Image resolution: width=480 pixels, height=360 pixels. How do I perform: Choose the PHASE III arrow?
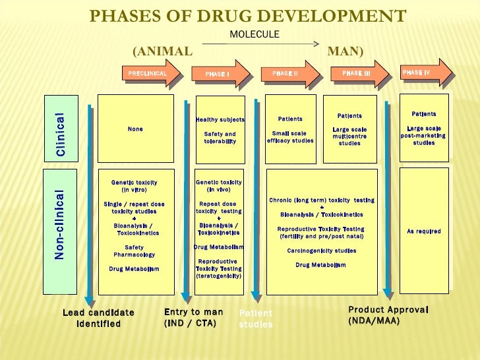pos(358,74)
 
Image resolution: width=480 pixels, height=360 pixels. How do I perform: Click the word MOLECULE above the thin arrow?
pos(254,34)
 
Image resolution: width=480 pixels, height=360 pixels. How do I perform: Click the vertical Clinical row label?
pos(60,134)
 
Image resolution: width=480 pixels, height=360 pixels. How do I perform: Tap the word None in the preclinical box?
pos(135,129)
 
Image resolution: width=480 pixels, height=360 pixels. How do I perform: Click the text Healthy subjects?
pos(220,120)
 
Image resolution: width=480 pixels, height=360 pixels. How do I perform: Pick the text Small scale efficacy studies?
pos(290,136)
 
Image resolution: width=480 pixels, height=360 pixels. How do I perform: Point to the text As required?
pos(424,231)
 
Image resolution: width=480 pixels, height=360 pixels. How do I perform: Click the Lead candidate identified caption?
pos(98,318)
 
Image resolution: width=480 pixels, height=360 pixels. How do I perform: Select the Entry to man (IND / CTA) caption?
pos(193,317)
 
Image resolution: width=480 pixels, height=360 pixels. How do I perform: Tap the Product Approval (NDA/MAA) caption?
pos(388,315)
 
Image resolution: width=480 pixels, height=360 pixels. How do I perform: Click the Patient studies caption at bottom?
pos(255,319)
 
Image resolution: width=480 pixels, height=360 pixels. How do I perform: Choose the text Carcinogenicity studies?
pos(321,251)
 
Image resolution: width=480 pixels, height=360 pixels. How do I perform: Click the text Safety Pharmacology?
pos(135,251)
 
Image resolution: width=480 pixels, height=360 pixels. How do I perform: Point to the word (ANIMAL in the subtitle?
pos(163,51)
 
